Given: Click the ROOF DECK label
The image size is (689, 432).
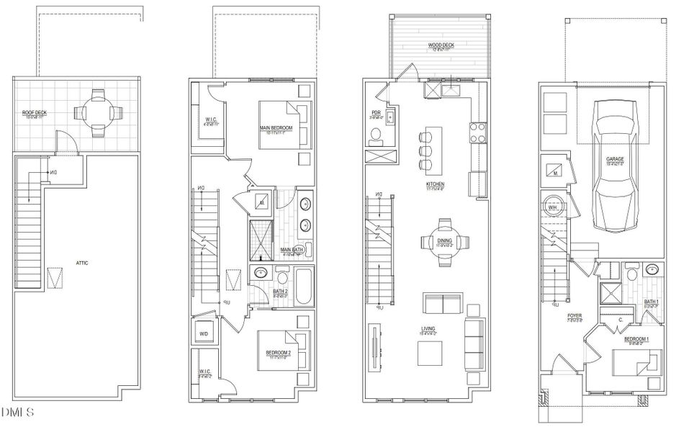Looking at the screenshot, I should [35, 113].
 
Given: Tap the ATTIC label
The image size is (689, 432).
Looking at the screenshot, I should [81, 263].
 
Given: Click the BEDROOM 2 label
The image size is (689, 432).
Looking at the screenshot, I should [278, 353].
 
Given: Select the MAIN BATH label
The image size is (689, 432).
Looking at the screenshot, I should [292, 250].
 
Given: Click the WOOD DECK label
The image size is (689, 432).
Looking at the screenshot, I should [440, 45].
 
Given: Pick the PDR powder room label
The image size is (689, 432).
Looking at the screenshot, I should [376, 112].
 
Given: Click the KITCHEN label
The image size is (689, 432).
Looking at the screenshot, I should [435, 184].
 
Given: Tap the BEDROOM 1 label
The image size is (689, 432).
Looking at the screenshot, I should [636, 339].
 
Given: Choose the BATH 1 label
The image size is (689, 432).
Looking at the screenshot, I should [651, 302].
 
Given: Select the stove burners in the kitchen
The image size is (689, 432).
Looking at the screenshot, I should [477, 132].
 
